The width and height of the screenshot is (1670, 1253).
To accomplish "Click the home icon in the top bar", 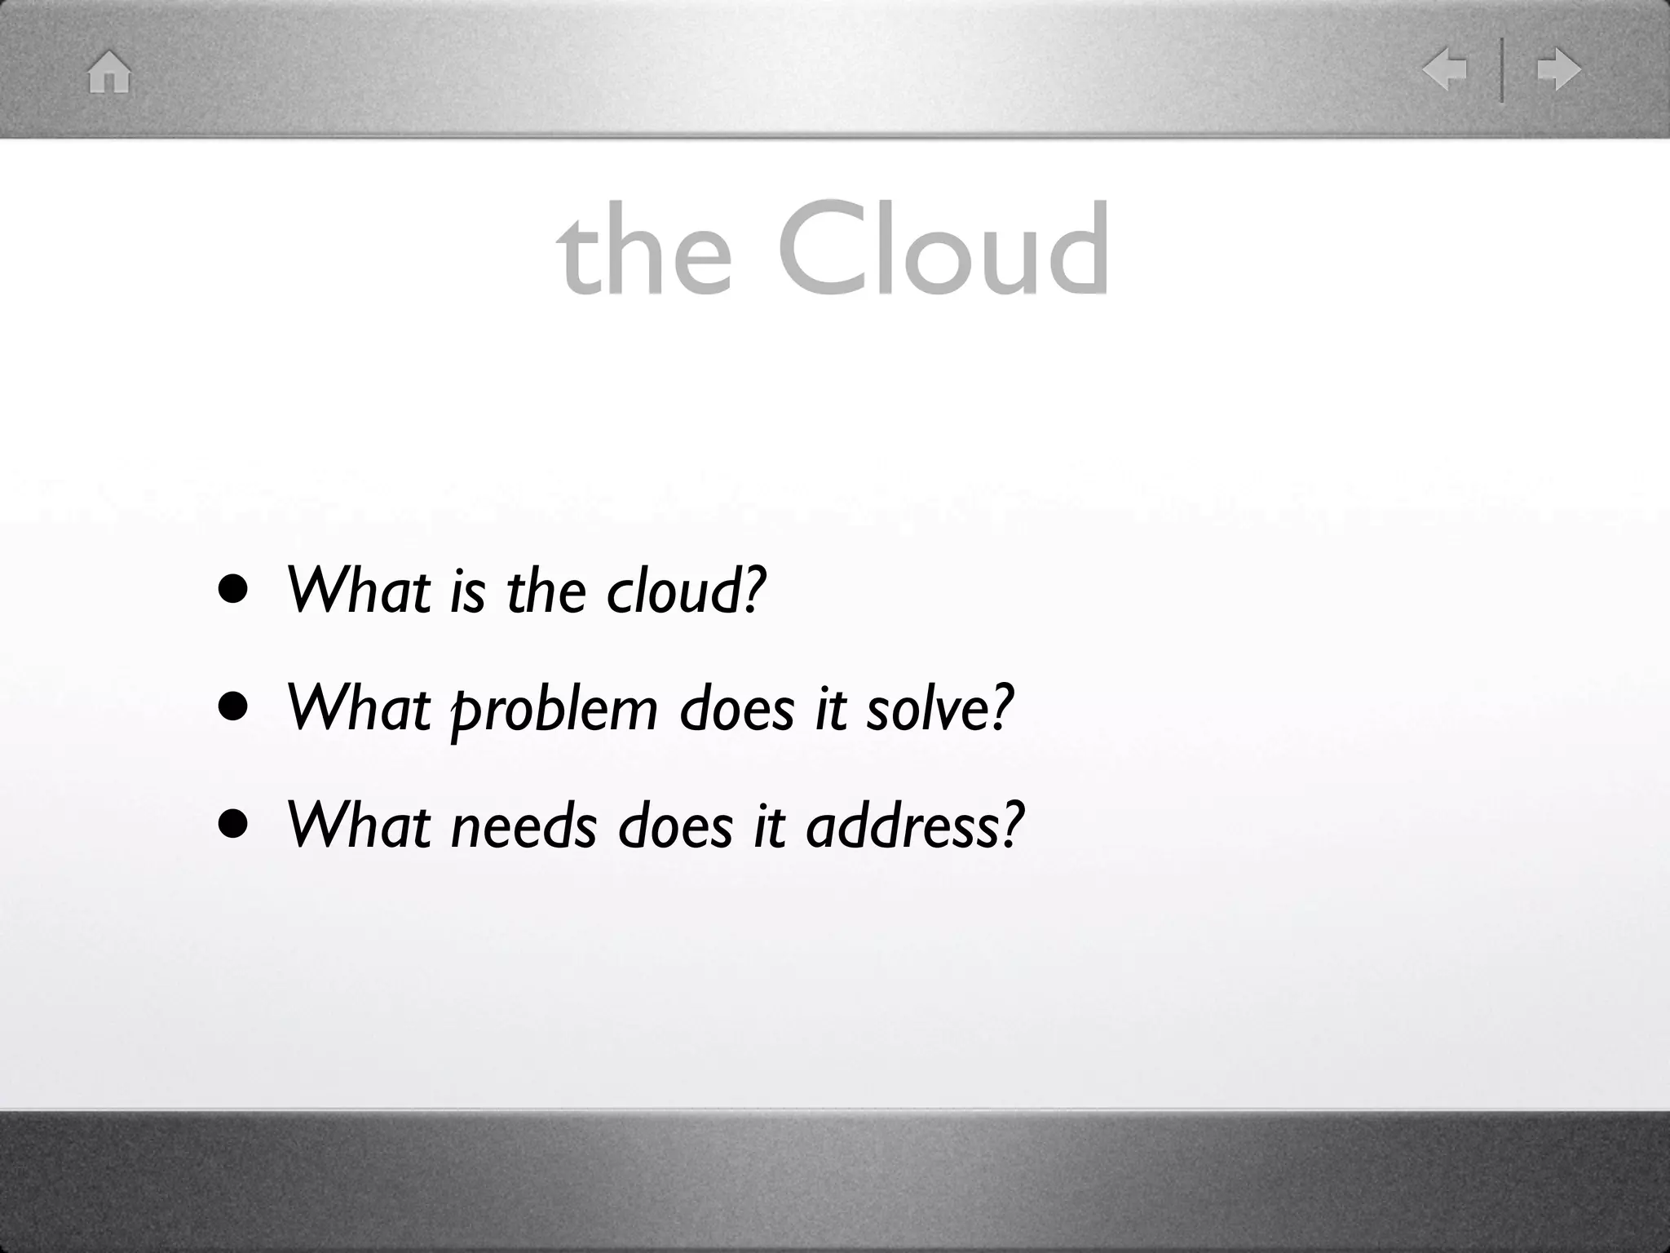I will (x=109, y=72).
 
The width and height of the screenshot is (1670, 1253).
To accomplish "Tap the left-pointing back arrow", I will (x=1445, y=69).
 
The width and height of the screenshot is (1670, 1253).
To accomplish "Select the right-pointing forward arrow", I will (x=1558, y=69).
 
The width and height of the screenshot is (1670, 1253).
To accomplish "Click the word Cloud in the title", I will (x=943, y=249).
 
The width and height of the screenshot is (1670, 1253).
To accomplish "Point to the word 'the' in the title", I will (x=644, y=249).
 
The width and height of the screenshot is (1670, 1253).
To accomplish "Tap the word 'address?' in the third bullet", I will (x=914, y=826).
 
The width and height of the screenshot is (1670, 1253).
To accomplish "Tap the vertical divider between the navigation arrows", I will (x=1501, y=69).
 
